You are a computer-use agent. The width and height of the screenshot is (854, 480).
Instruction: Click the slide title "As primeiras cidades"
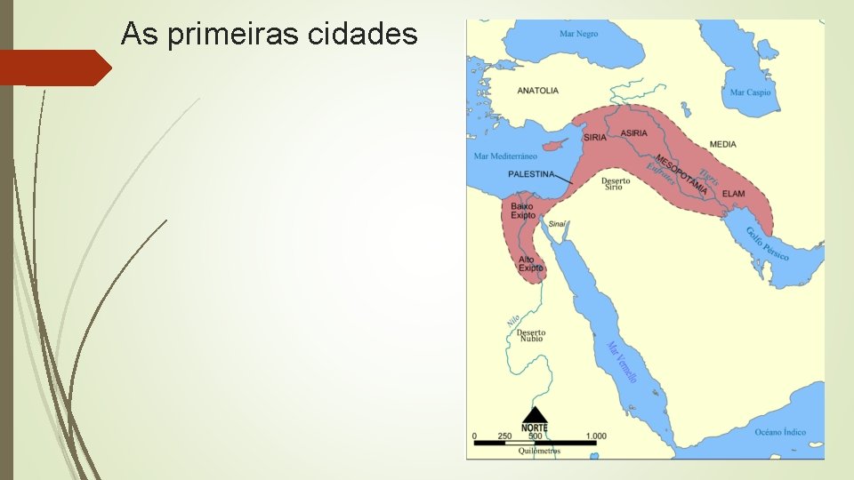tap(269, 34)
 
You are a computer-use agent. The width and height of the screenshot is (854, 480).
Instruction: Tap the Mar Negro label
tap(578, 34)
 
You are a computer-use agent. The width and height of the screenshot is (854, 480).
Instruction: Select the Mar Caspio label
tap(750, 92)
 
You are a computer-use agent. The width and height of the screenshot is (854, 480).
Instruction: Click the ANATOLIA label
tap(537, 91)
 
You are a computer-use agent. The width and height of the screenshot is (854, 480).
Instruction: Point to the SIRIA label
tap(595, 137)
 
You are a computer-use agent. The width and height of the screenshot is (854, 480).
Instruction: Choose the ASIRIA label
tap(634, 132)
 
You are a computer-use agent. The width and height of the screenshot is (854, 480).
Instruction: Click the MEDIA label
tap(722, 144)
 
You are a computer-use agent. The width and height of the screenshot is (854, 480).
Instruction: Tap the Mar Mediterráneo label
tap(505, 156)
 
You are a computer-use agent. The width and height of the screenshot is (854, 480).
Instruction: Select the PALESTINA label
tap(531, 174)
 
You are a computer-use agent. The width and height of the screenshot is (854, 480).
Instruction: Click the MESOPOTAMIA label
tap(681, 174)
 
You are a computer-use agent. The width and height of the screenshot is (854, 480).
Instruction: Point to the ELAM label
tap(733, 194)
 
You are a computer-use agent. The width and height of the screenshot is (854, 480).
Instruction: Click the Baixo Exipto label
tap(523, 211)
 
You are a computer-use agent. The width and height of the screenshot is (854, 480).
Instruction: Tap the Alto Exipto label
tap(531, 263)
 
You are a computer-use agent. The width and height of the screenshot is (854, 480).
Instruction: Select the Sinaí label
tap(557, 224)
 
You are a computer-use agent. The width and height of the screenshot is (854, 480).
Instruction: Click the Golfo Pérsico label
tap(767, 243)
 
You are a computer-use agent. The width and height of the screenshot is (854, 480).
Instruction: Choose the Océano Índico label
tap(779, 432)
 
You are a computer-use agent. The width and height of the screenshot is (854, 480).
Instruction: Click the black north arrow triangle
tap(535, 414)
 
